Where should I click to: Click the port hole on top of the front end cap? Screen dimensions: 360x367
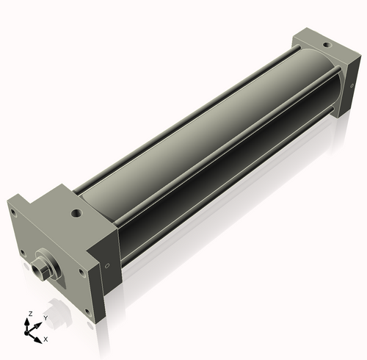pos(76,214)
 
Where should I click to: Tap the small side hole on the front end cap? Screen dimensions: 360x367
pos(107,266)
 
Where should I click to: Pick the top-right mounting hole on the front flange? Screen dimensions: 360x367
pos(81,272)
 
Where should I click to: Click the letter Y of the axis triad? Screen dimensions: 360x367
pos(46,318)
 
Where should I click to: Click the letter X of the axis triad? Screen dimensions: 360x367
pos(46,339)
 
